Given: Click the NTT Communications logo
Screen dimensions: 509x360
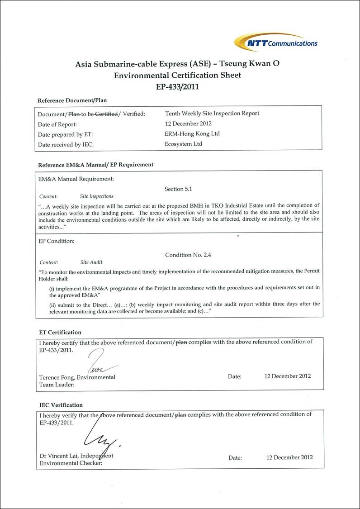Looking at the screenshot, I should (276, 42).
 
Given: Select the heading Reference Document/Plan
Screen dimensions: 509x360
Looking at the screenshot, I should (72, 100).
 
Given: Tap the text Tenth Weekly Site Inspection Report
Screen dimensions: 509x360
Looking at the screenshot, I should (212, 114).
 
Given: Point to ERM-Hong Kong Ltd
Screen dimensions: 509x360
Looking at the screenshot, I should (192, 134).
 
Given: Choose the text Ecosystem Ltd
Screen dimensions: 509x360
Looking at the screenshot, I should (184, 144).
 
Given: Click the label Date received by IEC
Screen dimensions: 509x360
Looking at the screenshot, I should (66, 145).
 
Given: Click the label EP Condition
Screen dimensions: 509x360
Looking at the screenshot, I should (57, 241).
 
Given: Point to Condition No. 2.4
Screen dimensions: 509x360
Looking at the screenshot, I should (188, 255).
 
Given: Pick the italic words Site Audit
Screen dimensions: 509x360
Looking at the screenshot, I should (91, 262).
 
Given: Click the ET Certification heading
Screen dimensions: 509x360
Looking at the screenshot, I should (60, 333).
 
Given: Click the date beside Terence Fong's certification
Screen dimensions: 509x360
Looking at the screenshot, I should (288, 376).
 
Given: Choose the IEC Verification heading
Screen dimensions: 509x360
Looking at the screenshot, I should (61, 405).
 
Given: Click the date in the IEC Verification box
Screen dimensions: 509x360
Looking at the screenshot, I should (289, 457).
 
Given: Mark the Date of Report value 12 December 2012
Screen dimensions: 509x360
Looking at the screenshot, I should (188, 124).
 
